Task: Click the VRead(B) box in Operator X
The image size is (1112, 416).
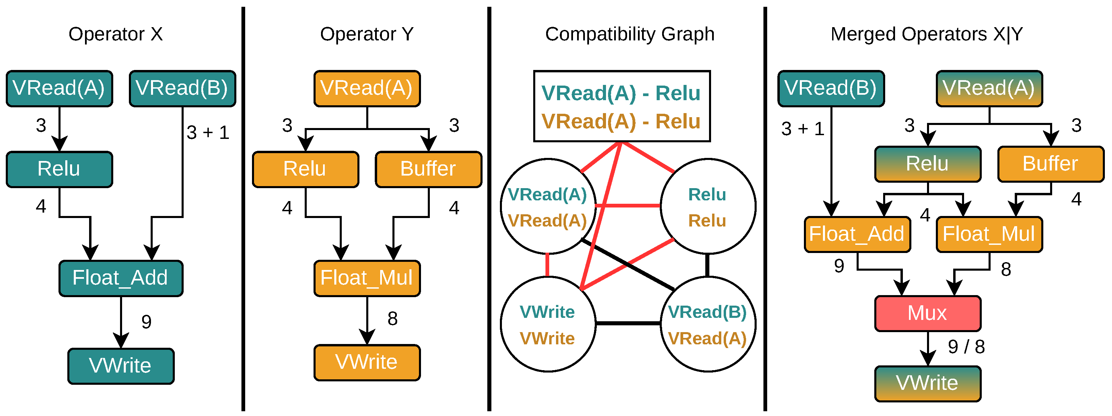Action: tap(183, 88)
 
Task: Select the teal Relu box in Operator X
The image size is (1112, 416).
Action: tap(60, 169)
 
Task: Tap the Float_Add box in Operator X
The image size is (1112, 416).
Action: tap(121, 278)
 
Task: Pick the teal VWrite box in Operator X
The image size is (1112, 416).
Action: tap(121, 366)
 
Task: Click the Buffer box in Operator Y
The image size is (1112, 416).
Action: tap(429, 169)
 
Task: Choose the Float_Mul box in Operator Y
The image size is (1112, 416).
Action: tap(367, 278)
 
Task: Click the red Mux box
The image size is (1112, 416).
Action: tap(928, 313)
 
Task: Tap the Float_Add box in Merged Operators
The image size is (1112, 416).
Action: tap(858, 235)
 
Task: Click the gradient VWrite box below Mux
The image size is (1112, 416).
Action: tap(928, 384)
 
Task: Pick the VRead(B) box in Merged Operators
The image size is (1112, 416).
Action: tap(831, 88)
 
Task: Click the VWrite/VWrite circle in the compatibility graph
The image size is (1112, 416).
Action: tap(548, 324)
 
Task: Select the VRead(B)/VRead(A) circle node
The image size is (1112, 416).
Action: tap(708, 324)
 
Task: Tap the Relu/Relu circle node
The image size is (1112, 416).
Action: tap(708, 206)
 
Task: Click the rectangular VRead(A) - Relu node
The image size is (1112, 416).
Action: tap(622, 106)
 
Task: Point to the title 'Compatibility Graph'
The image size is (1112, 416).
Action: tap(630, 34)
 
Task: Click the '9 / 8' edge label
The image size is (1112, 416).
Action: tap(966, 347)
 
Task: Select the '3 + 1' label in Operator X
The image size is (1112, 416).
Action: tap(208, 132)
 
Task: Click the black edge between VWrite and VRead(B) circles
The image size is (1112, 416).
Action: tap(628, 323)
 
